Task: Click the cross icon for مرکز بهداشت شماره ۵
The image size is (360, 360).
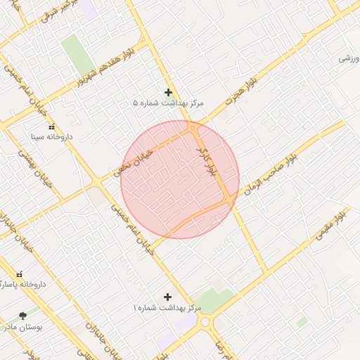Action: [x=168, y=92]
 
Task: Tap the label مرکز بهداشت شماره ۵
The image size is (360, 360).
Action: [x=168, y=103]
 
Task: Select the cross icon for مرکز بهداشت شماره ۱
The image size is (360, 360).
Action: [x=167, y=297]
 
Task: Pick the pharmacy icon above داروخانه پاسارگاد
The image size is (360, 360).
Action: [x=19, y=274]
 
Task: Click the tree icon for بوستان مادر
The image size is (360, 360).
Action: [x=24, y=316]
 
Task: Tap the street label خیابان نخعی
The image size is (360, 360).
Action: [x=133, y=160]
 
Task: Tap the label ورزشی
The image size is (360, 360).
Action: [x=345, y=58]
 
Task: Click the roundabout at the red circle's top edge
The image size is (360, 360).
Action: [x=192, y=128]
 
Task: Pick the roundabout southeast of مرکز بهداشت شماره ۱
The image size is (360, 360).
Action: [x=206, y=322]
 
